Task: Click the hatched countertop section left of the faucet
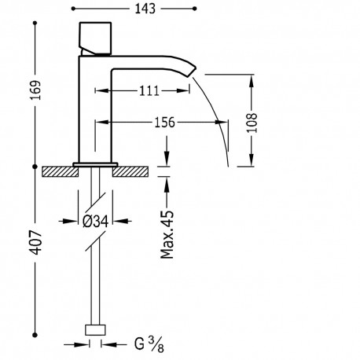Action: click(60, 171)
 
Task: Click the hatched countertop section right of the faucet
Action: click(133, 171)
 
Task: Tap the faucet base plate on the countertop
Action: click(95, 163)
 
